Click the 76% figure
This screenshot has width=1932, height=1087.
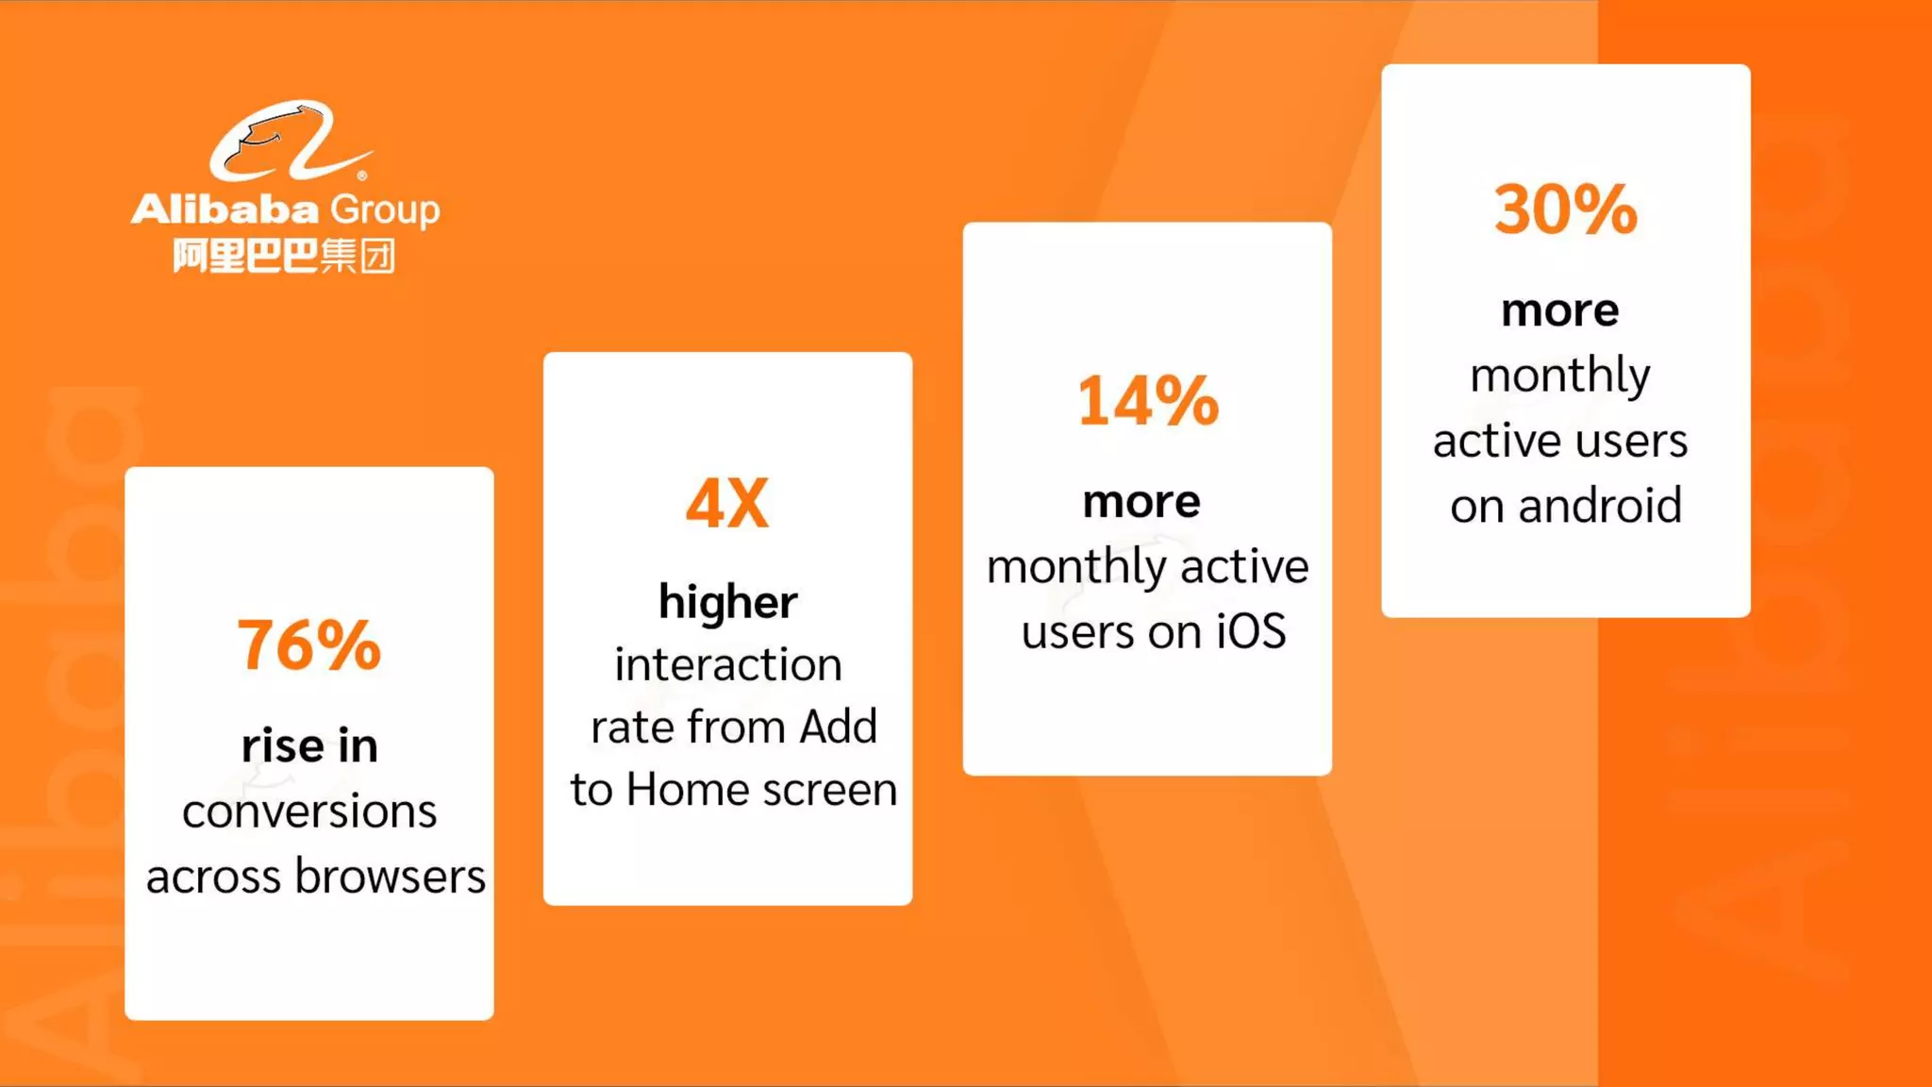[x=308, y=645]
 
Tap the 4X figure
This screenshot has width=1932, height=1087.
[x=727, y=503]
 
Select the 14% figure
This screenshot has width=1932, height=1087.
[x=1147, y=401]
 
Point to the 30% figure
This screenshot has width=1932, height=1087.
[x=1565, y=209]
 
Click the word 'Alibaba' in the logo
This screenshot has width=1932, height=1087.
[x=225, y=209]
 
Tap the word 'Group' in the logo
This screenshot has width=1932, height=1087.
[x=385, y=209]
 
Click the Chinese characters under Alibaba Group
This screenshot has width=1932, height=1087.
[x=283, y=256]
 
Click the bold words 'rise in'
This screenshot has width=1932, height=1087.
[x=309, y=745]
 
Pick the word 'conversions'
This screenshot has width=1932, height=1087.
[x=309, y=811]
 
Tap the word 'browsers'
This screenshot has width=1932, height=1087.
[x=391, y=877]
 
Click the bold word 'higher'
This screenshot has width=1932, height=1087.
[x=727, y=601]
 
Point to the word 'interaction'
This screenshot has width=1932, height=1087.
[x=727, y=664]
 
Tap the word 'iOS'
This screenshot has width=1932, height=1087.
[x=1250, y=631]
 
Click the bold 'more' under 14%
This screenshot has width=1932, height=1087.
[x=1141, y=501]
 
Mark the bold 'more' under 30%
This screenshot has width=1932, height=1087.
[x=1560, y=310]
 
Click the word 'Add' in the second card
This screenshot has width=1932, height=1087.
[x=838, y=727]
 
